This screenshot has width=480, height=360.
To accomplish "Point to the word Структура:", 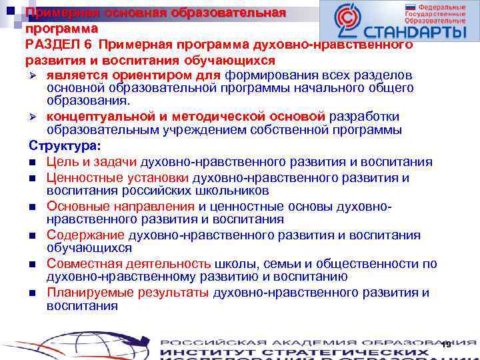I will click(x=65, y=146).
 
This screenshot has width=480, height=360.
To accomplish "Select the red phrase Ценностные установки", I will click(x=118, y=178).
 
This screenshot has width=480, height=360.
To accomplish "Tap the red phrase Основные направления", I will click(x=120, y=207).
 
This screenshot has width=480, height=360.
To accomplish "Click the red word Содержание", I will click(x=85, y=235).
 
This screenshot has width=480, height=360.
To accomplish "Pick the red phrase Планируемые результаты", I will click(x=127, y=293).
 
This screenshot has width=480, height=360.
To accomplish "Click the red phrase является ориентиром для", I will click(x=134, y=75).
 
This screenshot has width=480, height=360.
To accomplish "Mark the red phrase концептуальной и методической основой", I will click(x=185, y=116).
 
